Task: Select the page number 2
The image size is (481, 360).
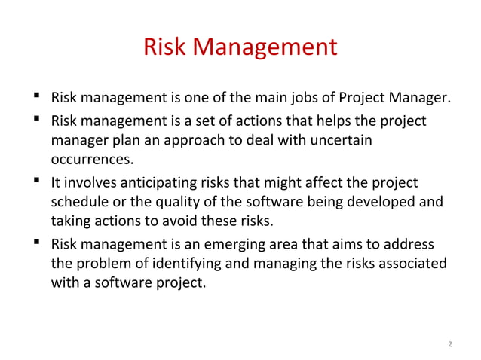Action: click(449, 345)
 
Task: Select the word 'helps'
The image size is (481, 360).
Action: click(339, 121)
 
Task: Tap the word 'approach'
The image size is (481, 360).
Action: click(223, 141)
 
